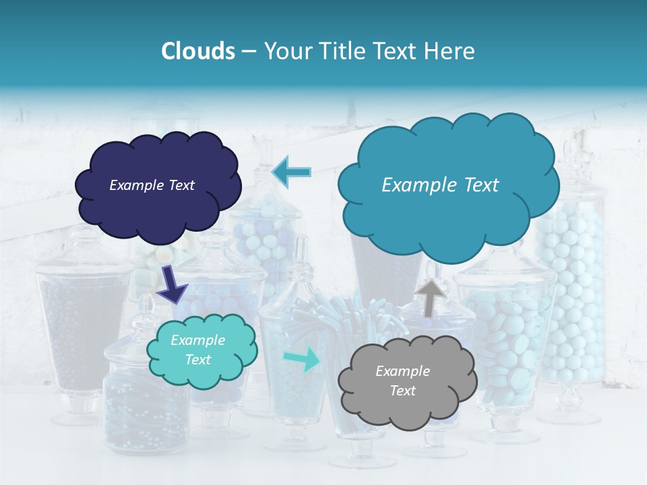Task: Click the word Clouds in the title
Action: tap(197, 51)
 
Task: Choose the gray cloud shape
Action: tap(407, 404)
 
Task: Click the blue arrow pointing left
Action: tap(292, 172)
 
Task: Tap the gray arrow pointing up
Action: tap(429, 297)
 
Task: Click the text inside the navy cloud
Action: tap(152, 185)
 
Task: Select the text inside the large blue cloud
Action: tap(440, 185)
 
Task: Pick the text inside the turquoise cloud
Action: tap(197, 350)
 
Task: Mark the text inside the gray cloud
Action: tap(402, 381)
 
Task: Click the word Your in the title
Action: tap(285, 51)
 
